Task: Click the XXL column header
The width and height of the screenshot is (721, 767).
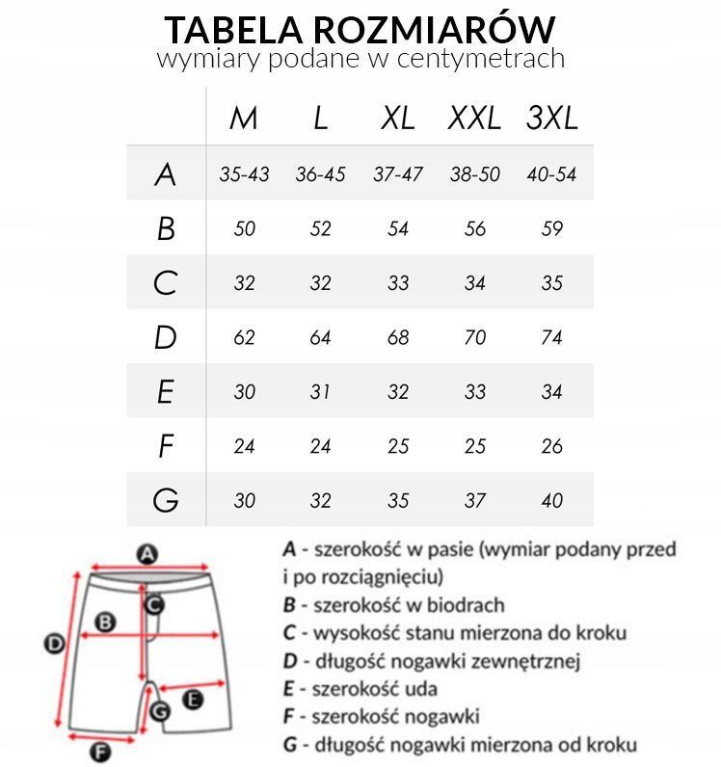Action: (x=474, y=119)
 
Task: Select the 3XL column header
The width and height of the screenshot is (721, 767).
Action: (x=551, y=119)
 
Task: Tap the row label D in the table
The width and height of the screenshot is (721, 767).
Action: (x=166, y=338)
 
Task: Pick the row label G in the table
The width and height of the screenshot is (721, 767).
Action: (x=166, y=501)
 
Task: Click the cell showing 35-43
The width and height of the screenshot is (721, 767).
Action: (x=244, y=175)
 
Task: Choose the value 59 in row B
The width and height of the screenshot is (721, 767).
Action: (x=551, y=229)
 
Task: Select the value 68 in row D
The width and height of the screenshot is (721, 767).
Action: (x=397, y=338)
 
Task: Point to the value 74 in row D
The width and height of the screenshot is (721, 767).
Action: (x=551, y=338)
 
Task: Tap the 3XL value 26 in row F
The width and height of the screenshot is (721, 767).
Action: (x=551, y=447)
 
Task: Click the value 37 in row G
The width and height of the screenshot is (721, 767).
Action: (x=474, y=501)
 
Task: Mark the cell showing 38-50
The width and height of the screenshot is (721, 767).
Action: (x=474, y=175)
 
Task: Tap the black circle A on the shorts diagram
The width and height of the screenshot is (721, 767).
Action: (x=147, y=554)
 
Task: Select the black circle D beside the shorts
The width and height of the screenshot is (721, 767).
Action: (x=56, y=644)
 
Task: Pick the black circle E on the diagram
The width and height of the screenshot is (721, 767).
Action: (x=193, y=700)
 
